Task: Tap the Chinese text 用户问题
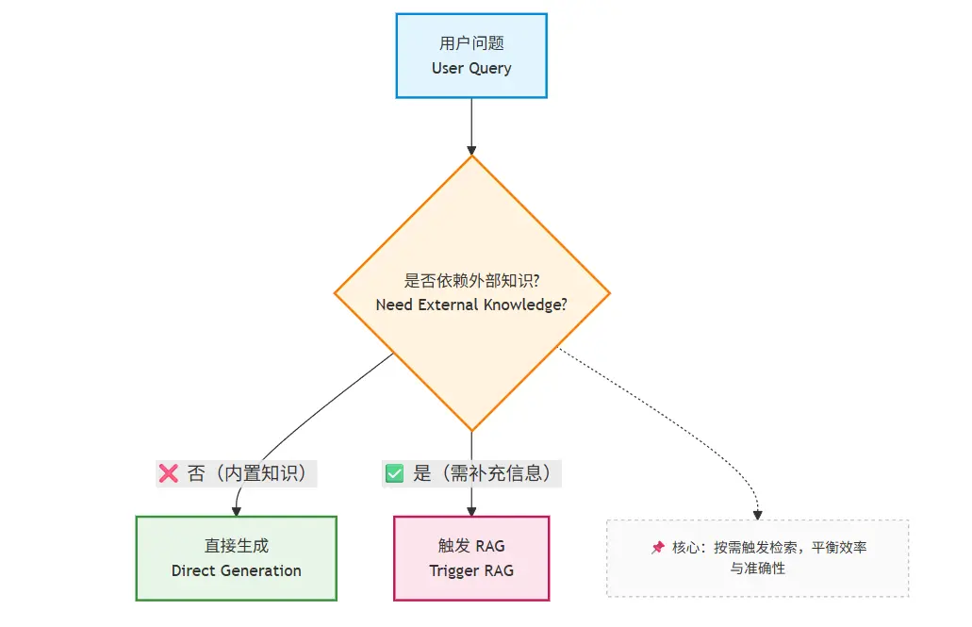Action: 471,44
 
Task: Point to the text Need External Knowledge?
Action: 471,305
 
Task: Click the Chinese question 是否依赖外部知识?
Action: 471,280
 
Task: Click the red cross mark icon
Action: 169,473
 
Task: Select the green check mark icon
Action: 393,473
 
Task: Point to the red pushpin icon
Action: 658,547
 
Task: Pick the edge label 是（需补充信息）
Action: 482,473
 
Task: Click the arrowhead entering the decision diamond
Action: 471,149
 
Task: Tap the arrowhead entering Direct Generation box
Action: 236,511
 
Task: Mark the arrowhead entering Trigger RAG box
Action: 471,511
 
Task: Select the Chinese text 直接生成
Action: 236,546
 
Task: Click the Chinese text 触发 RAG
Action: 471,546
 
